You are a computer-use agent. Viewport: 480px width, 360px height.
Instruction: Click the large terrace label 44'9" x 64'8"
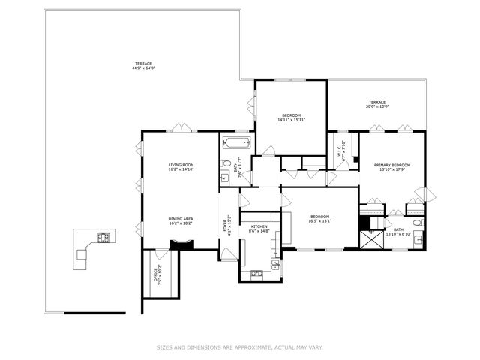142,66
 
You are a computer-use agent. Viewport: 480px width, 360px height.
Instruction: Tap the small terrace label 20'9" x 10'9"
376,104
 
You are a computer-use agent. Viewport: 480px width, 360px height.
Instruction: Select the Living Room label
181,166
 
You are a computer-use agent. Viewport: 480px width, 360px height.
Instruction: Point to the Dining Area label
181,220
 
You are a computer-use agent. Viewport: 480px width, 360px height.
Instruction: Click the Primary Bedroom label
391,166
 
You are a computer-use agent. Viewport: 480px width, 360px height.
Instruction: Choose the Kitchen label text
258,229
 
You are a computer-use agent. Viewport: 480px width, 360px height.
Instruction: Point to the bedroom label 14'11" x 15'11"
291,117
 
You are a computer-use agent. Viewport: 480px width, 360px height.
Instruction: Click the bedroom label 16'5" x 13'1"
319,219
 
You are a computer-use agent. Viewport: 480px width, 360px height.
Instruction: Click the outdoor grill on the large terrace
103,238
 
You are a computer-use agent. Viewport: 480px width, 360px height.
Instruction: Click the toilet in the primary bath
418,223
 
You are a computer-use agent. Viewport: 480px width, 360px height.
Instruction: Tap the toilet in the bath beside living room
225,166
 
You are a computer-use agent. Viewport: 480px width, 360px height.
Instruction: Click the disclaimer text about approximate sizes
239,346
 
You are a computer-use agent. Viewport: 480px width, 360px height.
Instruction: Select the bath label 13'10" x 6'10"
397,232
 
